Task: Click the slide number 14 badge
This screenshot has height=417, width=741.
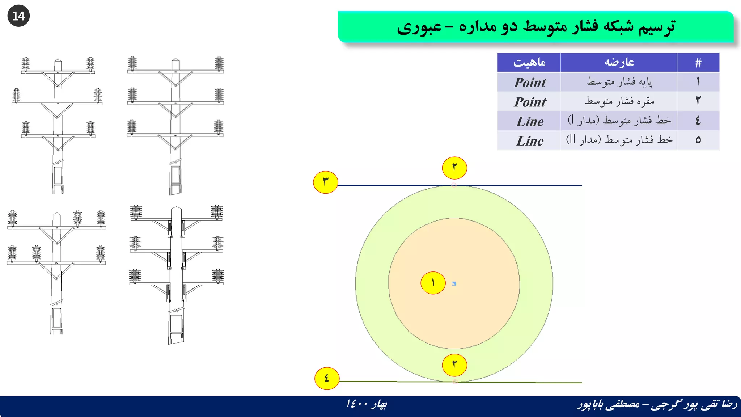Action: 18,16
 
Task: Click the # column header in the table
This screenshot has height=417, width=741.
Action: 698,63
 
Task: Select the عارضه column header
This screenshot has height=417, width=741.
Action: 619,63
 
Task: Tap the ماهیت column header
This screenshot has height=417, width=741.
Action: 529,63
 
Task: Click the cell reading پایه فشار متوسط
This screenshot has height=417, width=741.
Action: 619,82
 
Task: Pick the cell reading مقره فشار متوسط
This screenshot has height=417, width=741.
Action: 619,101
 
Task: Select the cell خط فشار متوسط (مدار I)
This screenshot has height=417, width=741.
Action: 619,121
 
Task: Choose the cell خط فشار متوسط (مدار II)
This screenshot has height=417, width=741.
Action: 619,140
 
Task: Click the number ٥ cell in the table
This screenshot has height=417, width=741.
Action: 698,140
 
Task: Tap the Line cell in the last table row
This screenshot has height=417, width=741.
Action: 529,141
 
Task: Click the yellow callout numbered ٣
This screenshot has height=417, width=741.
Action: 326,182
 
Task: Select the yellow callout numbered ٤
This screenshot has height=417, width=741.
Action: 327,379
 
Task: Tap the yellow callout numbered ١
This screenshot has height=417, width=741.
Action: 433,283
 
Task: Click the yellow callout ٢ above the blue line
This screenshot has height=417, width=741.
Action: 454,168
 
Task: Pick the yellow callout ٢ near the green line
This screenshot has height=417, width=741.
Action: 454,365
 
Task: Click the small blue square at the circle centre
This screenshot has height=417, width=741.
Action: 454,284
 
